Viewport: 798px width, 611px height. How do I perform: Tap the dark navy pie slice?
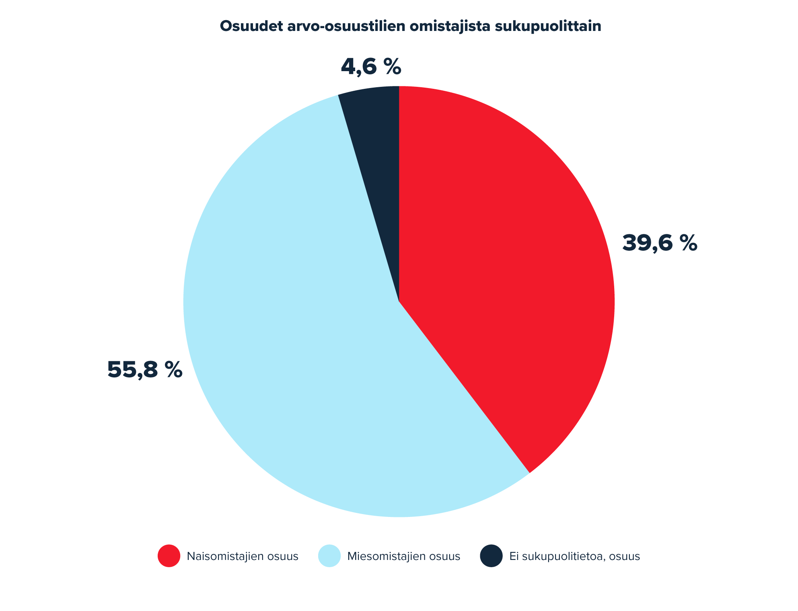tap(376, 161)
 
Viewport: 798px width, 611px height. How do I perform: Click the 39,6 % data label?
tap(660, 243)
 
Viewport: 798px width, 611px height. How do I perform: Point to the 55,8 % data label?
tap(145, 370)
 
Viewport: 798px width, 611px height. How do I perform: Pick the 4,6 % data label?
tap(371, 67)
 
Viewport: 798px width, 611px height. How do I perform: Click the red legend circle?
tap(169, 556)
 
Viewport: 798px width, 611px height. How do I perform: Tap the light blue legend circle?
tap(329, 556)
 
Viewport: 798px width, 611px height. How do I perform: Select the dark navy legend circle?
tap(492, 556)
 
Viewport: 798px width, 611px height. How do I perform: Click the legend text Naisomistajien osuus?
tap(243, 556)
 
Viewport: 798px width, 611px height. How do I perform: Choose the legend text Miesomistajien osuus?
tap(404, 556)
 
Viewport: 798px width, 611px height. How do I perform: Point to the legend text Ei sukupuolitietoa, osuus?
tap(575, 557)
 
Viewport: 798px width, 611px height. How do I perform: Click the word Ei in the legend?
tap(514, 556)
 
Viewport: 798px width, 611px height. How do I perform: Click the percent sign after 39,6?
tap(688, 244)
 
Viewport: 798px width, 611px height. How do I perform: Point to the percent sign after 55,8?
tap(173, 370)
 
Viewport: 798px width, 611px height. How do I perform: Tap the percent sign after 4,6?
tap(392, 67)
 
